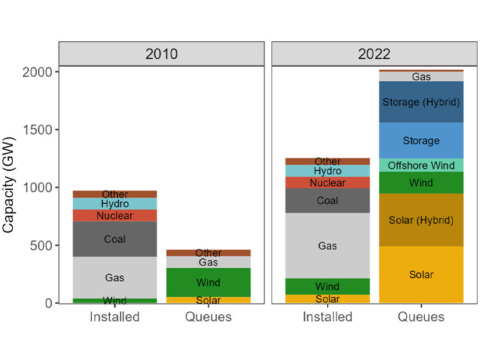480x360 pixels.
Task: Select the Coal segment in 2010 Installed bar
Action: [114, 239]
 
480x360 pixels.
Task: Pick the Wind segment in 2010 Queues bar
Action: [208, 282]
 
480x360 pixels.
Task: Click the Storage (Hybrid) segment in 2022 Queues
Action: [421, 102]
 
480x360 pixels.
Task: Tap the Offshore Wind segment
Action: [421, 165]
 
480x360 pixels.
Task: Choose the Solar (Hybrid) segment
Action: [421, 220]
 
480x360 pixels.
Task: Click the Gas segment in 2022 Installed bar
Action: [327, 246]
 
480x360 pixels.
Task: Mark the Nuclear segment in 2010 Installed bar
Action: [114, 215]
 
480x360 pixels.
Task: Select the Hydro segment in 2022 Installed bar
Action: [327, 171]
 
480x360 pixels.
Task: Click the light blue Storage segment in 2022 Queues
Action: [421, 141]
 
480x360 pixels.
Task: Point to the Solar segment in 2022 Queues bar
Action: [421, 274]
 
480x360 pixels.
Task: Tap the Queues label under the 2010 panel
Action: [208, 317]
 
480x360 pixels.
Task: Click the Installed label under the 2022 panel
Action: [327, 317]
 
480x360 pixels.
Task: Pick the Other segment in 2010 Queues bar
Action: [208, 253]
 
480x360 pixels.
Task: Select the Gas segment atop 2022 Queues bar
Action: [421, 77]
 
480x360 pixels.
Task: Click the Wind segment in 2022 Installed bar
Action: [327, 286]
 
